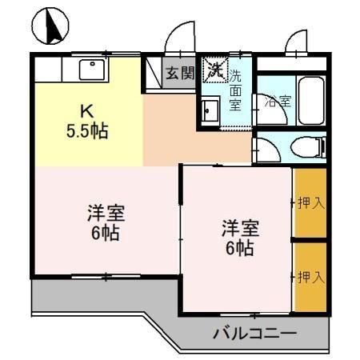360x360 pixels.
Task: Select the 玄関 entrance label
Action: [x=180, y=74]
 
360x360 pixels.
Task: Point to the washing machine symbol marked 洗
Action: [x=214, y=69]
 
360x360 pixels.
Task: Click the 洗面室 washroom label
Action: [x=236, y=90]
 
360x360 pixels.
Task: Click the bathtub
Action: [x=309, y=99]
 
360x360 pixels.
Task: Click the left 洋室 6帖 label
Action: [x=105, y=223]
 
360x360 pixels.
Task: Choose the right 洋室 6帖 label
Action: [x=238, y=238]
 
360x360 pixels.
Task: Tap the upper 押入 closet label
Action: [x=310, y=203]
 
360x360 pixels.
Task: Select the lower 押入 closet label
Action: [x=310, y=278]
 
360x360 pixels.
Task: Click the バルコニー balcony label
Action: [x=254, y=333]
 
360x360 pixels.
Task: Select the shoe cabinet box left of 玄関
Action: [x=152, y=74]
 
